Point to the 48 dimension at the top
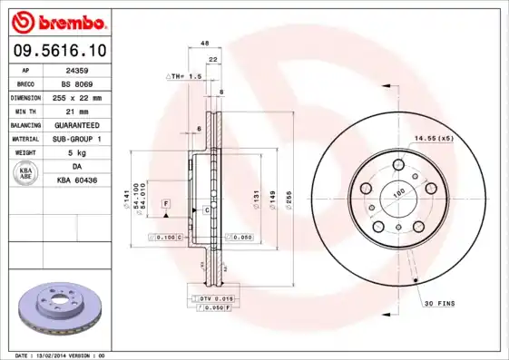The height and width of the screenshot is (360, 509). [x=204, y=44]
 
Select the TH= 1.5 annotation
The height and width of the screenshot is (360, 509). [x=185, y=78]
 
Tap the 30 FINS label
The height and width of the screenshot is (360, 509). [x=439, y=303]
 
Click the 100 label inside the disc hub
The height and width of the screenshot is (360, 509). [x=396, y=193]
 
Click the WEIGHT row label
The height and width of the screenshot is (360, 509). [x=24, y=153]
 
